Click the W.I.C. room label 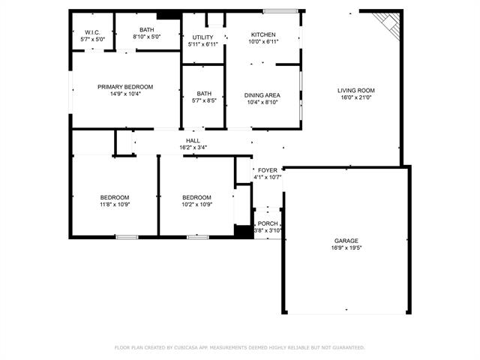coord(92,32)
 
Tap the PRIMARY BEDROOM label coord(125,87)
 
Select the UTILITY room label coord(202,37)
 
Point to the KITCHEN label coord(263,34)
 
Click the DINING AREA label coord(262,95)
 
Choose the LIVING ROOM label coord(356,91)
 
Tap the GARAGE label coord(346,241)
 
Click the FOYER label coord(268,170)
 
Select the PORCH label coord(268,223)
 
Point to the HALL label coord(193,141)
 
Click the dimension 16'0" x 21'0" coord(356,97)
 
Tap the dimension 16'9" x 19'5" coord(346,248)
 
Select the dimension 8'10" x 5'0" coord(147,37)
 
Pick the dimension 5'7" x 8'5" coord(204,100)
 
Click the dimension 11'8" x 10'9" coord(115,205)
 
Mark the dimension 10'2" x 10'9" coord(196,205)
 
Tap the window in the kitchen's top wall coord(280,11)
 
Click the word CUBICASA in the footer coord(187,348)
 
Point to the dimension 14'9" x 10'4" coord(125,94)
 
